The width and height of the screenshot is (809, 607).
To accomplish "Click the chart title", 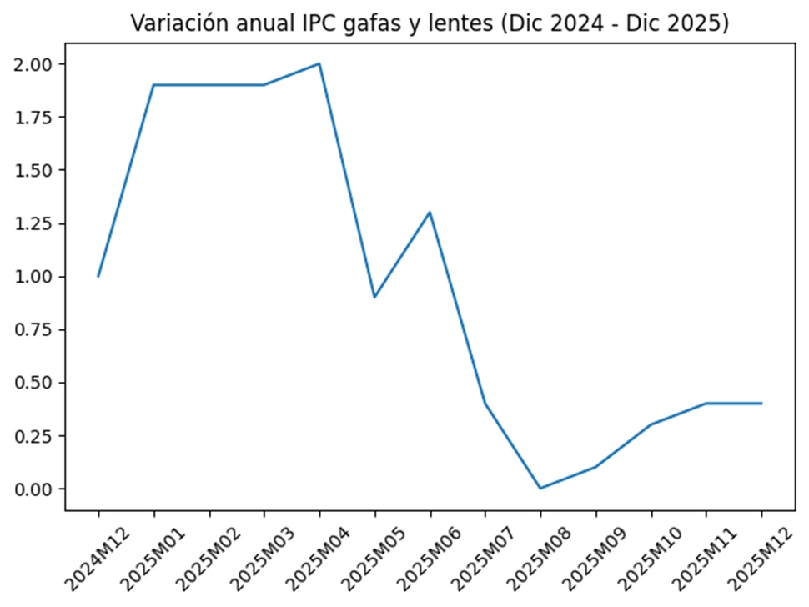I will point(430,24).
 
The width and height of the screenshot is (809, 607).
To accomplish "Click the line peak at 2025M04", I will point(319,63).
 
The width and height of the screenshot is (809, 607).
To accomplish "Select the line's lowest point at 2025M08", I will point(540,488).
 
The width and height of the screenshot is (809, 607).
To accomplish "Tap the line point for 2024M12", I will point(98,276).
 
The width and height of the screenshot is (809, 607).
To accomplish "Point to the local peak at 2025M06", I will point(430,212).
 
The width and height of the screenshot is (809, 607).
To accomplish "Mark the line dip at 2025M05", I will point(374,297).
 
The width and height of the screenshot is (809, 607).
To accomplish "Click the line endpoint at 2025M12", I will point(761,404).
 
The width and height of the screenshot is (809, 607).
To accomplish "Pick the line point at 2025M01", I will point(154,85).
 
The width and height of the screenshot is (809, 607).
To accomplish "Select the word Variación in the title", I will point(173,24).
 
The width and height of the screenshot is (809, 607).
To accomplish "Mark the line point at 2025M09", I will point(595,467).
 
